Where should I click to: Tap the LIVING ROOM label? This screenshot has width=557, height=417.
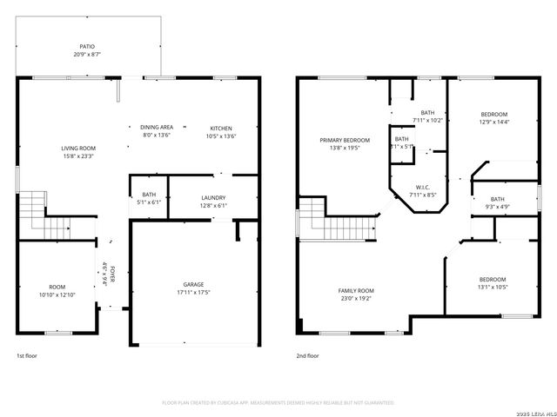78,149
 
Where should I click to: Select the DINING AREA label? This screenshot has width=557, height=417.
157,127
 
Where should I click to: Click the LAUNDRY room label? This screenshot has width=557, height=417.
213,197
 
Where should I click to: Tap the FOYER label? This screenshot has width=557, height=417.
112,275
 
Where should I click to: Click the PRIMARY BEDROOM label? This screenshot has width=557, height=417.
345,140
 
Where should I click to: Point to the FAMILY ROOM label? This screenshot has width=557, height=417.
356,290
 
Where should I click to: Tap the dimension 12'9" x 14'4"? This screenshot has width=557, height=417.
494,122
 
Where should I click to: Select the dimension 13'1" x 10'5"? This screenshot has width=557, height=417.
493,288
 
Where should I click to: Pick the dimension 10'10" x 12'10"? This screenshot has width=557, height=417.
57,295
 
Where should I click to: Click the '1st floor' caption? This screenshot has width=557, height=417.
27,355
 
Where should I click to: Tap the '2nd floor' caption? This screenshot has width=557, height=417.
307,355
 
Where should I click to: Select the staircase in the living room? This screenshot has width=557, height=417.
32,206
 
